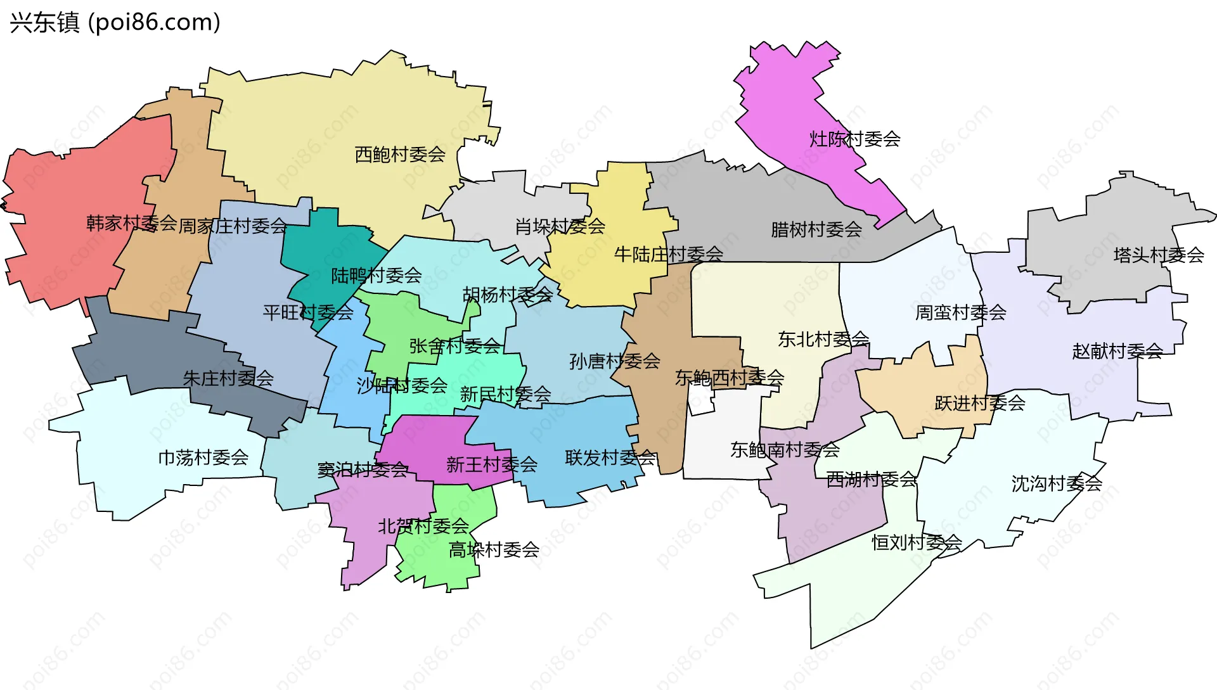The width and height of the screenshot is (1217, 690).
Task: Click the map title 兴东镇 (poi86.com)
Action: [115, 22]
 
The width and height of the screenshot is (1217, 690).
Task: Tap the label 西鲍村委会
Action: [400, 154]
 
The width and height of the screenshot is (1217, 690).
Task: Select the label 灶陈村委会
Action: [854, 139]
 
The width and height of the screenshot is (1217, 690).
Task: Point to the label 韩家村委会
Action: [131, 223]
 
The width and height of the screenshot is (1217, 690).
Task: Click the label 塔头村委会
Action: [1158, 255]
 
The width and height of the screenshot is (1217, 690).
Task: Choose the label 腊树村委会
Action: [816, 229]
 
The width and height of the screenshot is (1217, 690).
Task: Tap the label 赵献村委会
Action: [1117, 351]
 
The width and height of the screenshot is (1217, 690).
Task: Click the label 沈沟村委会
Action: [1056, 483]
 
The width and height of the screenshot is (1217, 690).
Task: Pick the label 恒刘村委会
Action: [917, 542]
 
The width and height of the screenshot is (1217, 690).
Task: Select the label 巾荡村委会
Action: [203, 457]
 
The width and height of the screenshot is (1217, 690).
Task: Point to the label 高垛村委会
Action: [494, 549]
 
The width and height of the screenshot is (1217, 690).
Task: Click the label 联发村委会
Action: [610, 457]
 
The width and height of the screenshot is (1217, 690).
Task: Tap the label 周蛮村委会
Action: [960, 312]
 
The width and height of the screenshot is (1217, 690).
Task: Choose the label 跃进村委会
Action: [979, 403]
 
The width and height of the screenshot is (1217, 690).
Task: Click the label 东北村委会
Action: [823, 339]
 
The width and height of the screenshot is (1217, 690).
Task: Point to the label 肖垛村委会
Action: [560, 226]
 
